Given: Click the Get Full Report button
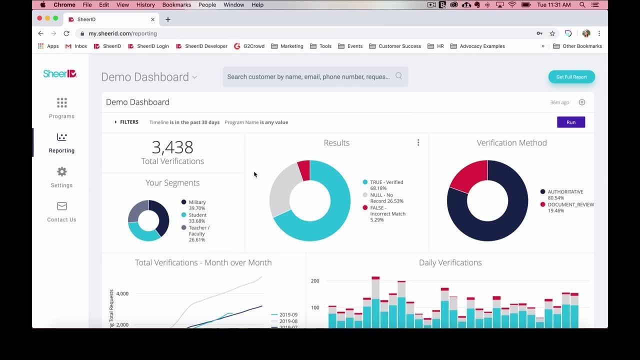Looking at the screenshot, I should point(571,77).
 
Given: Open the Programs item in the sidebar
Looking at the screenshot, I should point(61,107).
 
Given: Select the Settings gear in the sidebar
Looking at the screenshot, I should point(61,172).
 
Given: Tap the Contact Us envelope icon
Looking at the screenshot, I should point(61,206).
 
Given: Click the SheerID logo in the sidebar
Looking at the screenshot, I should point(60,73).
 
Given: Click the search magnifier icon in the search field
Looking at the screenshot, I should point(398,76).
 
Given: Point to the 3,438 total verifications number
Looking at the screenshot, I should point(172,147).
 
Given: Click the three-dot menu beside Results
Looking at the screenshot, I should point(418,142).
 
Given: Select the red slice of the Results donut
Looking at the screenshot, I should point(304,170).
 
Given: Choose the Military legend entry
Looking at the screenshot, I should point(197,202).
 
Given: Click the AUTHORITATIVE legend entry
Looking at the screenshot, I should point(565,192).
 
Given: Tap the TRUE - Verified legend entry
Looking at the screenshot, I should point(386,182).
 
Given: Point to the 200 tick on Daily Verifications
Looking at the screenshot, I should point(315,281).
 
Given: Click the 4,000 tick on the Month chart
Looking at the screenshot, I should point(122,293).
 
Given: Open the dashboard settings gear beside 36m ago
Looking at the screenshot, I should point(582,102).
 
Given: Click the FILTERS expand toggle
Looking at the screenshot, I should point(115,122).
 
